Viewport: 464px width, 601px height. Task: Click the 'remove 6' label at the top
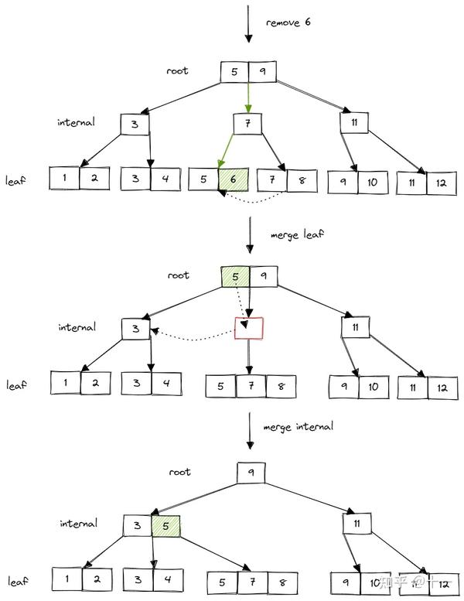[288, 23]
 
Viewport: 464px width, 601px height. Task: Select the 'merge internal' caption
[299, 426]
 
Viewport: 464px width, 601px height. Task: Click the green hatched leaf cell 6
[232, 179]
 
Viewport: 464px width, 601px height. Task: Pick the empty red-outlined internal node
[248, 329]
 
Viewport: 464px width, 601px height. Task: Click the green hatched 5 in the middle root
[234, 275]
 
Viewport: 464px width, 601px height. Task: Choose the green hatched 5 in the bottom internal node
[165, 526]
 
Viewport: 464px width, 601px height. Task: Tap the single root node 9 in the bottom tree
[251, 473]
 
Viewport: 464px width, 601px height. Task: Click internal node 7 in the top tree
[247, 125]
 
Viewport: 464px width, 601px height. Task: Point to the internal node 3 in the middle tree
[135, 329]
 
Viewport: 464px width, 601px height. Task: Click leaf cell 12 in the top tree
[441, 183]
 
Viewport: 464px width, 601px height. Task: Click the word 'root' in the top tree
[177, 71]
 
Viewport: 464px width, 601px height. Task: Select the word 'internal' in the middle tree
[77, 327]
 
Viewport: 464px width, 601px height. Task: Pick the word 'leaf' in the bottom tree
[17, 581]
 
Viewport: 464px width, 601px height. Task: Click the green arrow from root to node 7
[248, 97]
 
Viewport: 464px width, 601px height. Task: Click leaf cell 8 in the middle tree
[280, 385]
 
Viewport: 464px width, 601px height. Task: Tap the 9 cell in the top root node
[263, 72]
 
